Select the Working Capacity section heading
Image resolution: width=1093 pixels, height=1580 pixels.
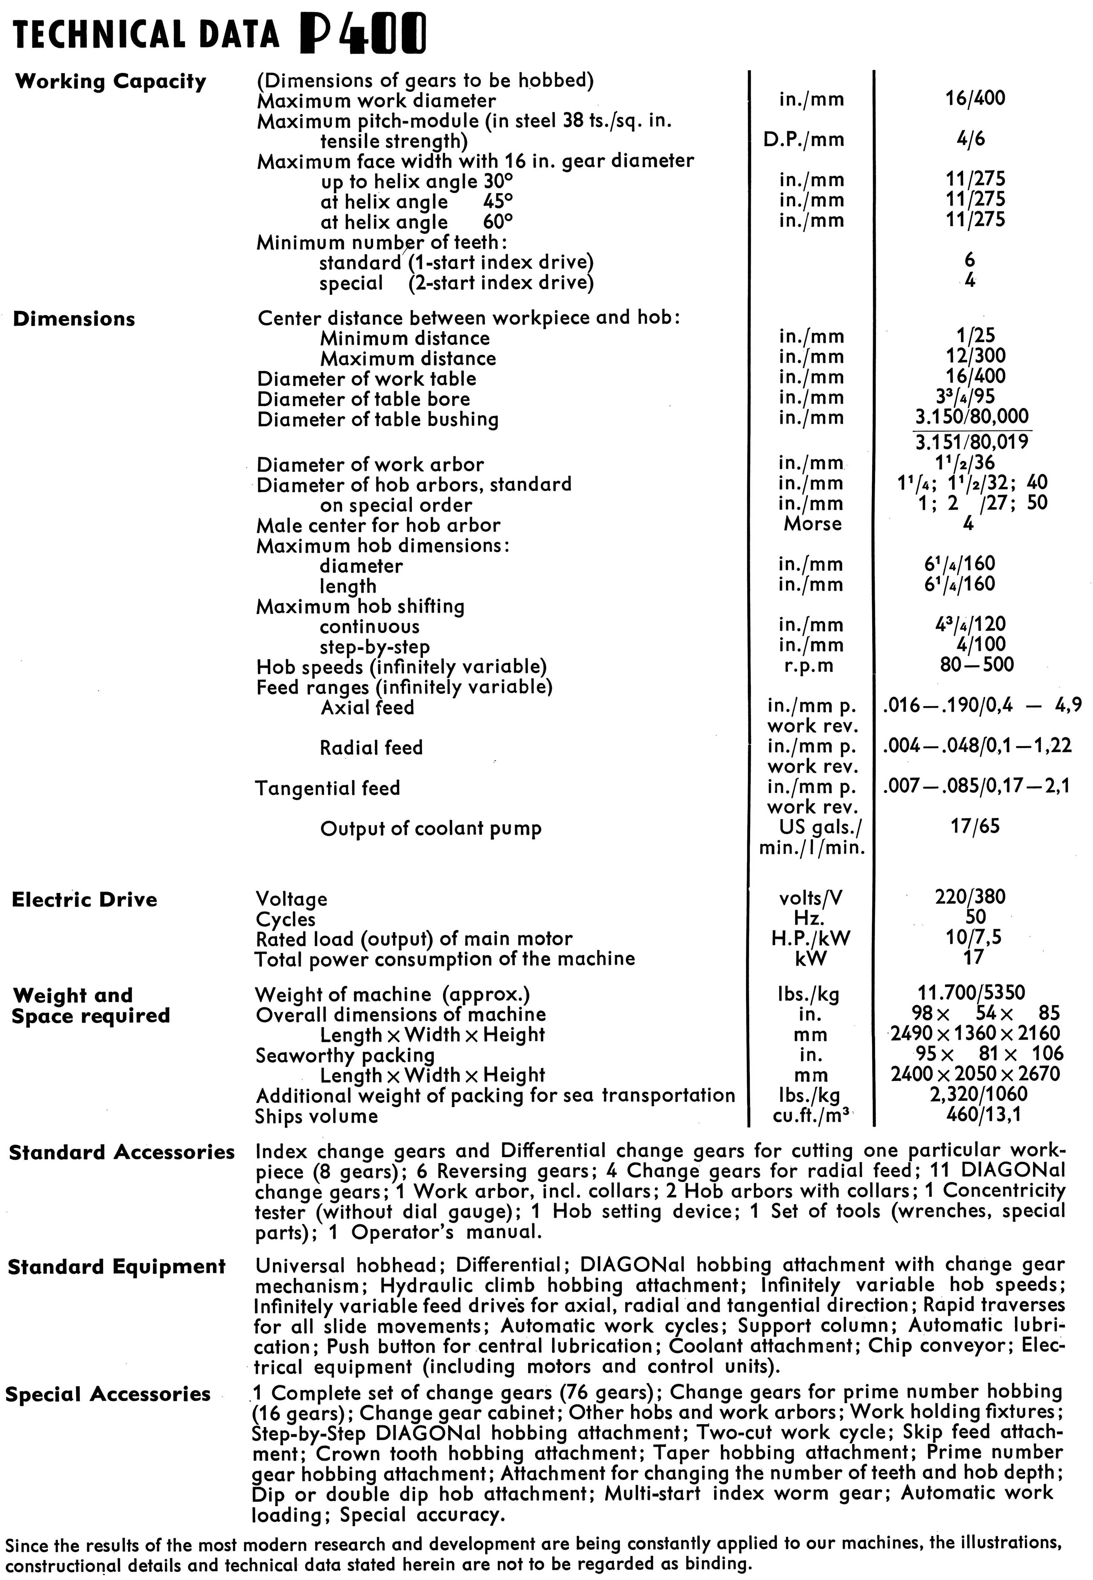[x=110, y=82]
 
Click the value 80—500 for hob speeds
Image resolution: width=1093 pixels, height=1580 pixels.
[x=977, y=664]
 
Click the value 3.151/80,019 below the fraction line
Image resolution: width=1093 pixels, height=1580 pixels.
[x=972, y=442]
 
